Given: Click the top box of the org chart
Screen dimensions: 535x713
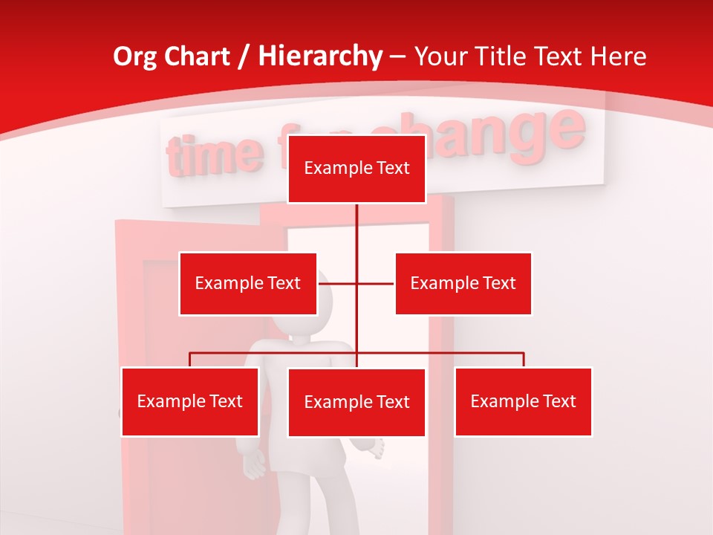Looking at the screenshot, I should (x=356, y=169).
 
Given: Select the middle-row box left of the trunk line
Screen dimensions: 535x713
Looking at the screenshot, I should (x=248, y=283).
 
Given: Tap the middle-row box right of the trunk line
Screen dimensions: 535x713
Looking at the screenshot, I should (x=463, y=283).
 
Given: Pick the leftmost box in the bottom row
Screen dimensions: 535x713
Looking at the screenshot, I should (x=190, y=401).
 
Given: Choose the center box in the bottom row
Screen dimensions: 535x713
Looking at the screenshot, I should (x=356, y=402).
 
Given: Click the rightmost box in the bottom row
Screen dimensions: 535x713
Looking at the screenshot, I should (x=523, y=401).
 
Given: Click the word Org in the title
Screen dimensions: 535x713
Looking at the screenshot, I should (x=134, y=57).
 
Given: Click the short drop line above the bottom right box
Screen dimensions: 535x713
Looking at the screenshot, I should (x=524, y=360).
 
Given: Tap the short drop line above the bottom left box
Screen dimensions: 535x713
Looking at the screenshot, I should (x=190, y=360).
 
